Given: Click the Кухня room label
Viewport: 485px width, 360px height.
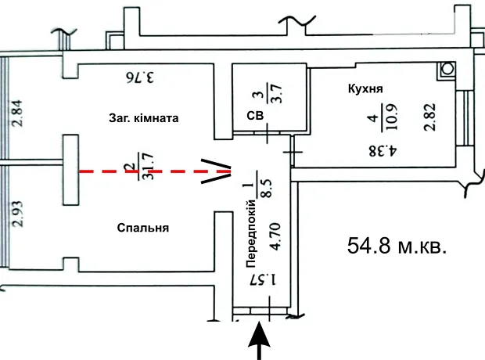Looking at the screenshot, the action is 365,89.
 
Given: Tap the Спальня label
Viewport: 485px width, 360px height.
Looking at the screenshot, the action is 143,229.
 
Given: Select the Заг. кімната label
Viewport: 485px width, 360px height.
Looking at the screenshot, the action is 143,118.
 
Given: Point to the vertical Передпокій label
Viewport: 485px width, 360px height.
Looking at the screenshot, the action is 251,234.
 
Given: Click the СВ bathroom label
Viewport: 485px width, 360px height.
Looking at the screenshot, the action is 255,116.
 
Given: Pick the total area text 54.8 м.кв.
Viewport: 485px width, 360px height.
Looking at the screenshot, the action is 397,246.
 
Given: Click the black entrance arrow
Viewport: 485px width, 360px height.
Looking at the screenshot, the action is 259,340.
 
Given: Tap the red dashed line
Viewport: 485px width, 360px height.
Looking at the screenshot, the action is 155,171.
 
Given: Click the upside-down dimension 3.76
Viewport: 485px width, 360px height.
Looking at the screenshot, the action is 139,77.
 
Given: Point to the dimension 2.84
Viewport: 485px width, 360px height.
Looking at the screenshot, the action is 17,113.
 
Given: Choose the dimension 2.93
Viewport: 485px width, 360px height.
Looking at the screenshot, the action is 17,214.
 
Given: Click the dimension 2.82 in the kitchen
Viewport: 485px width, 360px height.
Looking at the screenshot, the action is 430,117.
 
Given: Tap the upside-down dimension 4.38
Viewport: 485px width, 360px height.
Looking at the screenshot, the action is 383,151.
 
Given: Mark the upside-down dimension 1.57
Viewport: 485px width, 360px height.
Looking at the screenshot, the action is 263,279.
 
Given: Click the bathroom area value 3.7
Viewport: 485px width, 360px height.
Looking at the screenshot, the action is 276,93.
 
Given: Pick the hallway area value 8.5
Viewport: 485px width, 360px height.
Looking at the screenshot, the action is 266,188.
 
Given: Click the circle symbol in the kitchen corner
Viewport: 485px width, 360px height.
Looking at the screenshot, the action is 447,69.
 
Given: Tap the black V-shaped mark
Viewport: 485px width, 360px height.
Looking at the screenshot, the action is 217,171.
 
